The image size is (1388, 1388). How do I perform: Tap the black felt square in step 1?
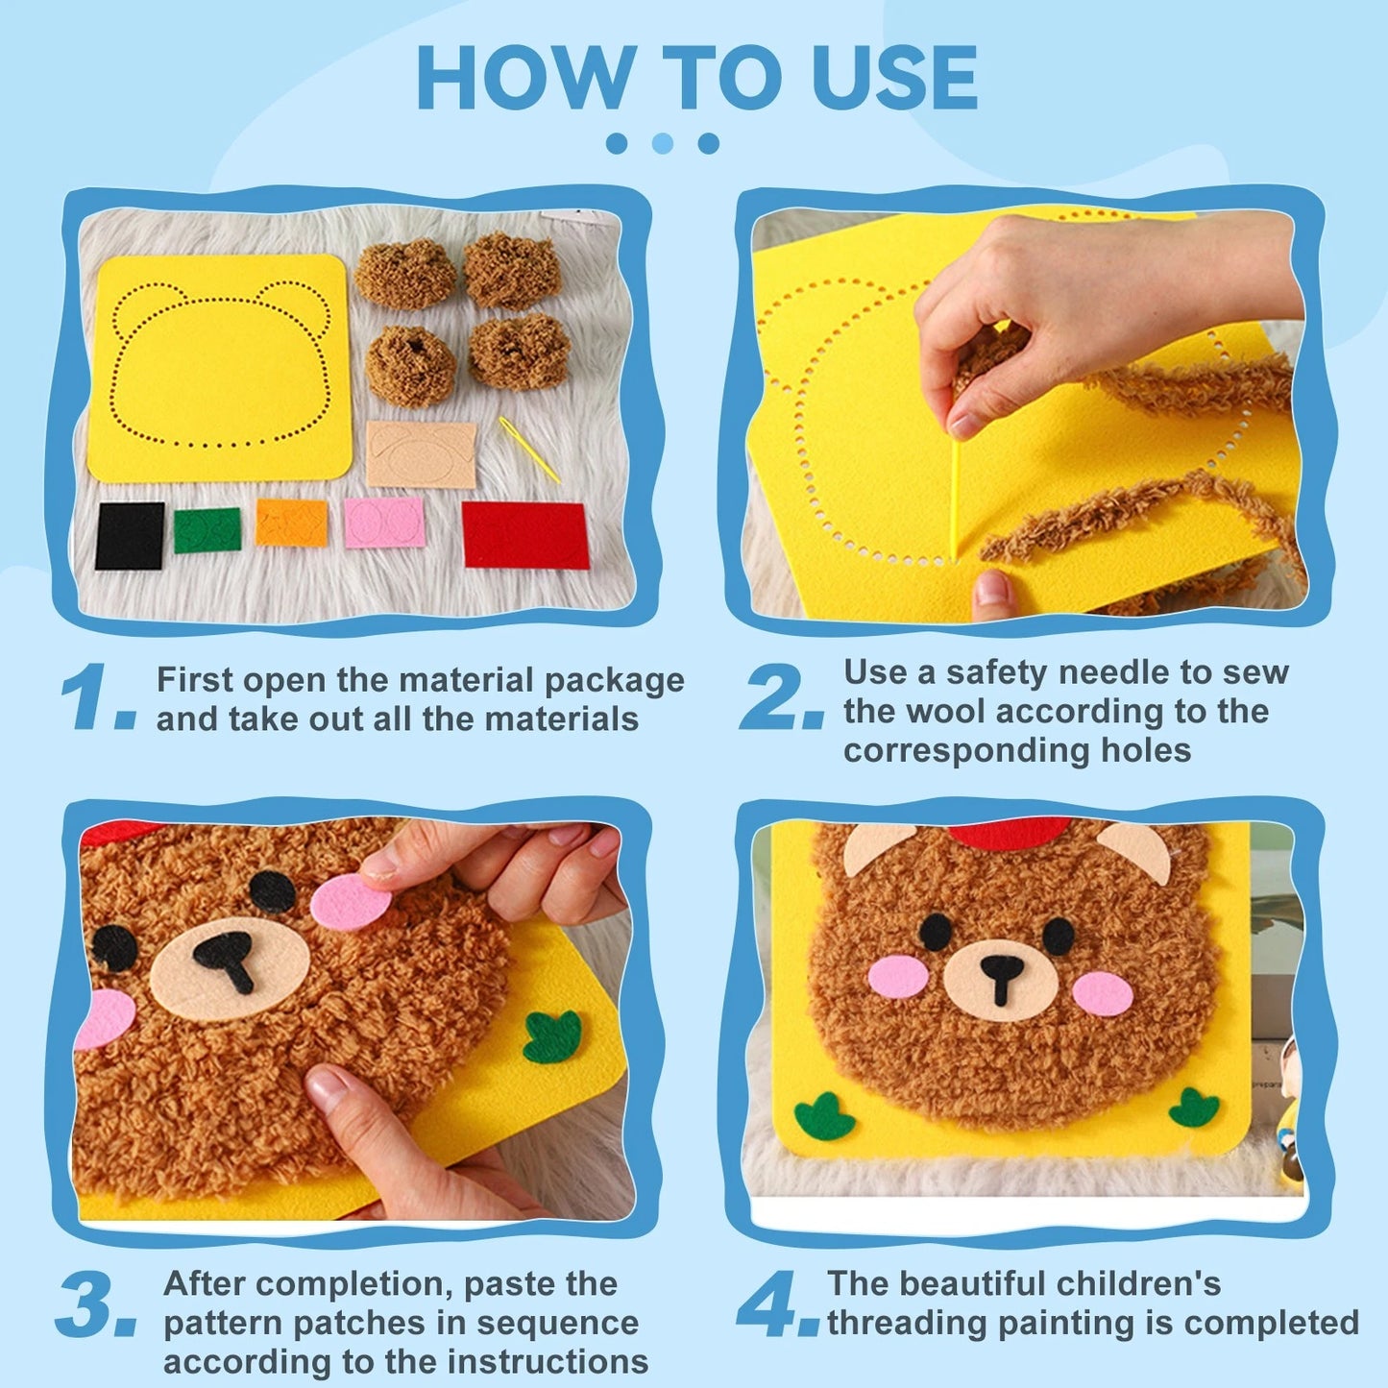click(130, 536)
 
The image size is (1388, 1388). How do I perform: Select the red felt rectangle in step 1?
click(525, 534)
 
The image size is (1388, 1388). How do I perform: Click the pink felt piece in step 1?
click(384, 523)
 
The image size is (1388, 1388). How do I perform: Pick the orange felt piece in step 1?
click(291, 523)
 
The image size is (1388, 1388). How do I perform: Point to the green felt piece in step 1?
click(207, 530)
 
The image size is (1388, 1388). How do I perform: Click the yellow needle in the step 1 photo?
click(528, 450)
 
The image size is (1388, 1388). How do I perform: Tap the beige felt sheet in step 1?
click(422, 453)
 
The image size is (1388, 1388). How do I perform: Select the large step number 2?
click(780, 698)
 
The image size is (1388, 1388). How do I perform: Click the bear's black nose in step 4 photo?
click(1001, 975)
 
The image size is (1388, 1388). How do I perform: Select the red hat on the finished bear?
click(1009, 833)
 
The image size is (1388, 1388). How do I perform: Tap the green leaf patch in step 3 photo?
click(554, 1037)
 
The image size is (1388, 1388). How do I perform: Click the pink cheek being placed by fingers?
click(351, 904)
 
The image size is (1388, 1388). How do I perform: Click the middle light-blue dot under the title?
click(663, 143)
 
